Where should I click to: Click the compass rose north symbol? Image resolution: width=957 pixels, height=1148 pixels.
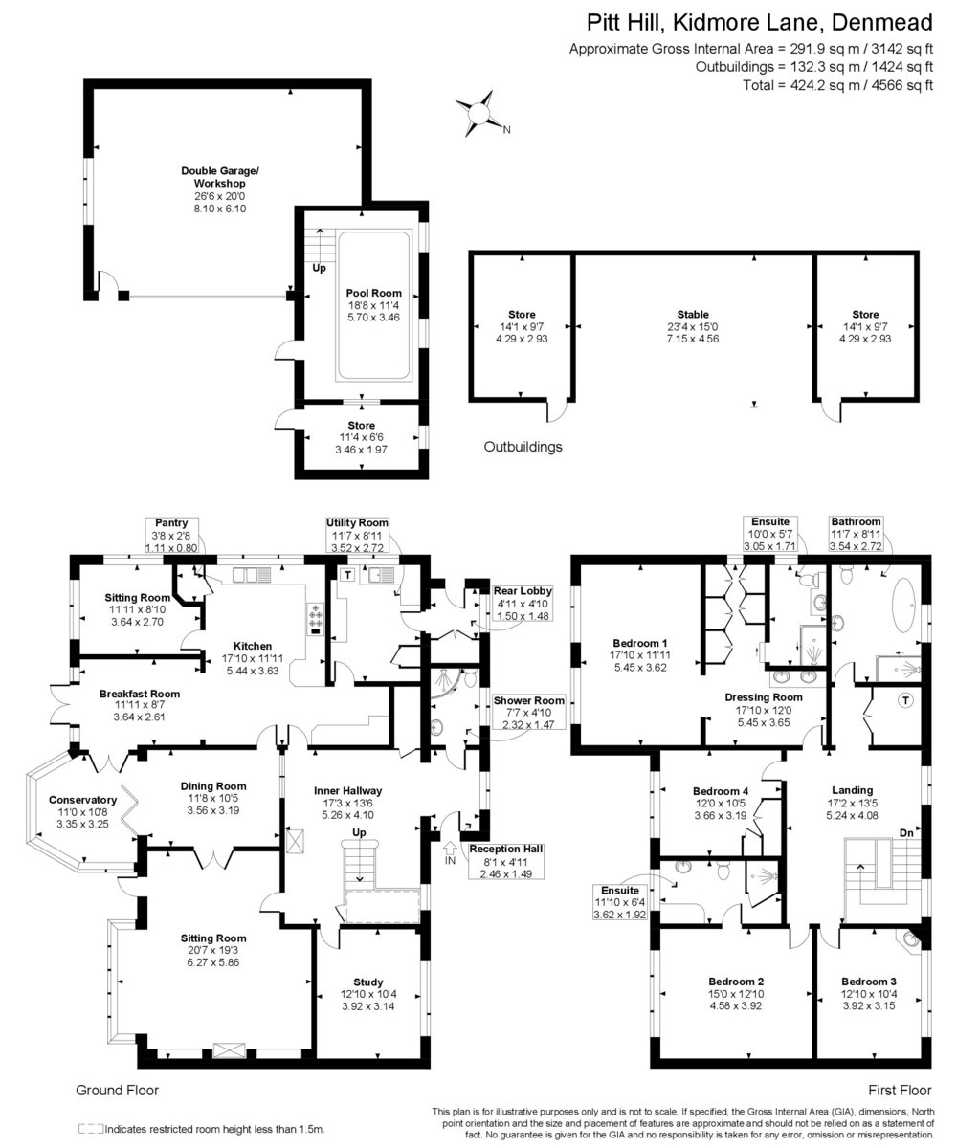[x=479, y=114]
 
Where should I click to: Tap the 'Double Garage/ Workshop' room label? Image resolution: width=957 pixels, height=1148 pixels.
[x=220, y=177]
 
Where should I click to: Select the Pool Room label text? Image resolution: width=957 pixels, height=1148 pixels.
[x=373, y=293]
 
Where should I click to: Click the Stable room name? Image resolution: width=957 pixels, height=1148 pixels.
[x=693, y=315]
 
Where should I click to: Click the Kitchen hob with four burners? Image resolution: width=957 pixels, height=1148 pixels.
[x=316, y=616]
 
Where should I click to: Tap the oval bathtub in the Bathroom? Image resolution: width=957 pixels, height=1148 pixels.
[x=902, y=605]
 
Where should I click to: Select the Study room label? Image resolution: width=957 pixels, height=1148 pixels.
[x=367, y=982]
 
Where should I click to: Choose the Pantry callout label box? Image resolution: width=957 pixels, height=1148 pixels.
[x=171, y=535]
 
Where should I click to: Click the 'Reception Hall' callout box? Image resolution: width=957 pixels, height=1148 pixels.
[x=506, y=861]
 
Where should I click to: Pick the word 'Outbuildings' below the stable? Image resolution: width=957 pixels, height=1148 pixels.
[x=523, y=447]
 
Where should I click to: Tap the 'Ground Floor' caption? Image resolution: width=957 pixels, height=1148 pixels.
[x=117, y=1091]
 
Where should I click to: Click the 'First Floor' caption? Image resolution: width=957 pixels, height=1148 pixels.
[x=900, y=1091]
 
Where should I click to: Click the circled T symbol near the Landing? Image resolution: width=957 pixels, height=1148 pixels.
[x=905, y=700]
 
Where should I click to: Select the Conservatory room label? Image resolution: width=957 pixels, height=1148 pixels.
[x=82, y=800]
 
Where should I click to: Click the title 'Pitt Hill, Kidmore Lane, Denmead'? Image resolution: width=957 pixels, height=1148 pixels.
[x=760, y=23]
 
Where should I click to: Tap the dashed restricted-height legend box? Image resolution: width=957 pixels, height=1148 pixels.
[x=91, y=1129]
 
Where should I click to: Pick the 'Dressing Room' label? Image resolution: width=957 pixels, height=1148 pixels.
[x=764, y=697]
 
